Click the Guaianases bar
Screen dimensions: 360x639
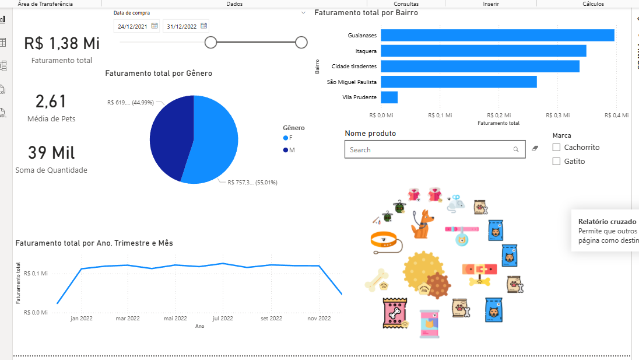497,36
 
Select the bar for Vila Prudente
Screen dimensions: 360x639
389,97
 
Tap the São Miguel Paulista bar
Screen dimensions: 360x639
459,82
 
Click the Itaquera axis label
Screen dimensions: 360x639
366,51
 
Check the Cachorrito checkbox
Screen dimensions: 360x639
556,148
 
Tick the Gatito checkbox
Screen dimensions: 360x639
556,162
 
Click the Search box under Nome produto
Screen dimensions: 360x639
429,150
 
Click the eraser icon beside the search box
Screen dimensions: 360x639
536,149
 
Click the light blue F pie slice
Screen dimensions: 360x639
216,140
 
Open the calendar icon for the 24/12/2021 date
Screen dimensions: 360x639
155,26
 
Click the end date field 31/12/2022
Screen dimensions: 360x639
181,26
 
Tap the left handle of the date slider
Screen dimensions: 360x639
211,42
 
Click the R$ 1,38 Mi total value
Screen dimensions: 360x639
62,43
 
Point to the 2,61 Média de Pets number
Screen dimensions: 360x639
51,102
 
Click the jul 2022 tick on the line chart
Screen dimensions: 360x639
223,319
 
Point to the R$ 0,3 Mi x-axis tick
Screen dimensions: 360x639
557,116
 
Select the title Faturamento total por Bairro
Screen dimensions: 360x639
366,12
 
